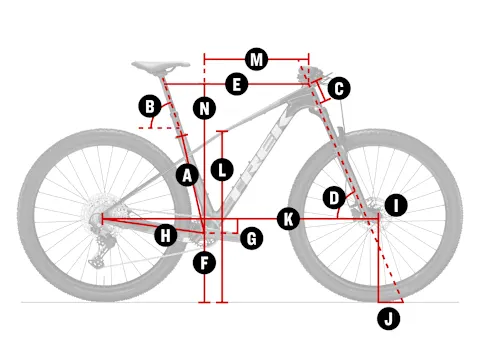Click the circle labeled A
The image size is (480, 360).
(x=187, y=175)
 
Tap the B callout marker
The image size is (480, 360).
(x=150, y=106)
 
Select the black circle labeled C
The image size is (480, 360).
(x=339, y=88)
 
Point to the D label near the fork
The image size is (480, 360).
(x=334, y=198)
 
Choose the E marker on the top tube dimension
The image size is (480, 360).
(x=237, y=84)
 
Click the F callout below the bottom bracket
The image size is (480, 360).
(x=204, y=263)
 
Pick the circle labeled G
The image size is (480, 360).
(x=252, y=238)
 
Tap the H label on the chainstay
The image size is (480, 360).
(x=166, y=235)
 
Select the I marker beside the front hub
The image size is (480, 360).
(x=396, y=205)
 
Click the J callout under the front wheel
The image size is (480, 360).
(x=389, y=319)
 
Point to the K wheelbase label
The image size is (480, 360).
(x=288, y=219)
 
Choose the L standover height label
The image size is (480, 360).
(x=222, y=170)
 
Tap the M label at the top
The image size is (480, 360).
(x=256, y=59)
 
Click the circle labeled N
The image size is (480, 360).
(x=204, y=108)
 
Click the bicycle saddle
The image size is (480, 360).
(x=161, y=66)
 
